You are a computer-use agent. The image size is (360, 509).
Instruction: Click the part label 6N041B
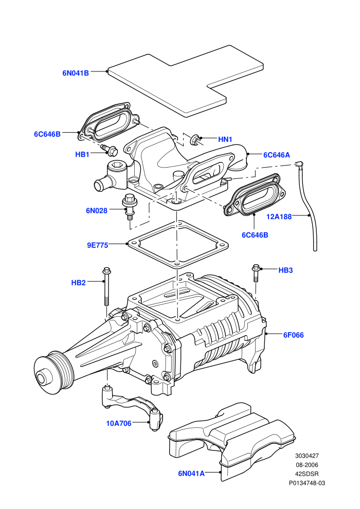pyautogui.click(x=75, y=73)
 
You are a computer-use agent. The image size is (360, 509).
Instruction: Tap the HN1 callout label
pyautogui.click(x=225, y=139)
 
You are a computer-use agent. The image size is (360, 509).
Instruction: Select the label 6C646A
pyautogui.click(x=277, y=155)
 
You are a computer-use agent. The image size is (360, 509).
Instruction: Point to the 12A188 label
pyautogui.click(x=279, y=216)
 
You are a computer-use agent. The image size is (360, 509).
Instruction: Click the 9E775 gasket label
pyautogui.click(x=97, y=245)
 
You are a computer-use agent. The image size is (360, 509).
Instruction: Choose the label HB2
pyautogui.click(x=78, y=283)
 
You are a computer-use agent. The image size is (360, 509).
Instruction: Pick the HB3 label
pyautogui.click(x=285, y=270)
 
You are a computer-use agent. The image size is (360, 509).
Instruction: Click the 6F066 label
pyautogui.click(x=294, y=335)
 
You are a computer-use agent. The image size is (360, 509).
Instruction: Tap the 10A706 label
pyautogui.click(x=119, y=423)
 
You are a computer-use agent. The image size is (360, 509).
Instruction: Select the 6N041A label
pyautogui.click(x=191, y=474)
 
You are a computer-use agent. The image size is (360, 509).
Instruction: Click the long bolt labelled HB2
pyautogui.click(x=106, y=286)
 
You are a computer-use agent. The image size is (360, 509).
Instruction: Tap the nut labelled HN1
pyautogui.click(x=196, y=139)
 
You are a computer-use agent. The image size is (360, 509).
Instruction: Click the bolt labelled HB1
pyautogui.click(x=110, y=150)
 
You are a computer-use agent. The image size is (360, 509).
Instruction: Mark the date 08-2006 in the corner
pyautogui.click(x=307, y=465)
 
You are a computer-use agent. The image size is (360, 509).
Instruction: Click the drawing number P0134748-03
pyautogui.click(x=307, y=483)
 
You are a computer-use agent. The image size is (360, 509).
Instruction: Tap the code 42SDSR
pyautogui.click(x=307, y=474)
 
